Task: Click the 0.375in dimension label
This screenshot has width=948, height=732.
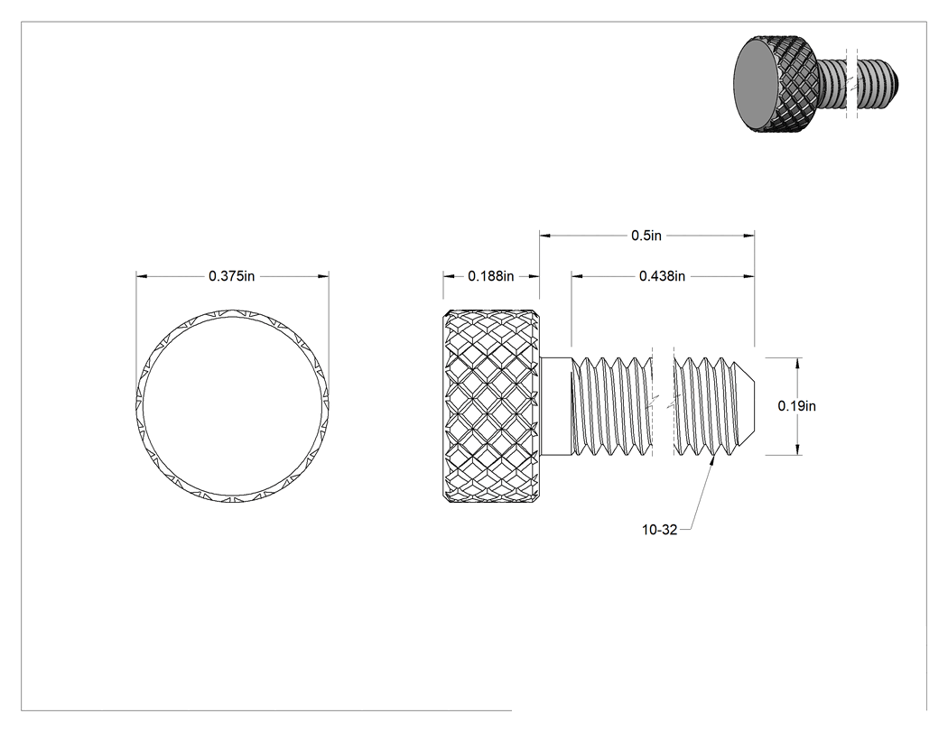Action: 231,276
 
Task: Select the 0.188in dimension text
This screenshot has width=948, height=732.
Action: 491,276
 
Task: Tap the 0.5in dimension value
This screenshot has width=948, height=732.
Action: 646,236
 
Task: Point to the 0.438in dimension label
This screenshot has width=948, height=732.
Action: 662,276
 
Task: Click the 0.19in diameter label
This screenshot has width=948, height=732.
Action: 797,406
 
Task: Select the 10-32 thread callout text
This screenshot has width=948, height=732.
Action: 660,530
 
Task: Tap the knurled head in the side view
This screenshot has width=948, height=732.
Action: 491,406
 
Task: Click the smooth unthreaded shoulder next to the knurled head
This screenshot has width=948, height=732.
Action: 555,406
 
